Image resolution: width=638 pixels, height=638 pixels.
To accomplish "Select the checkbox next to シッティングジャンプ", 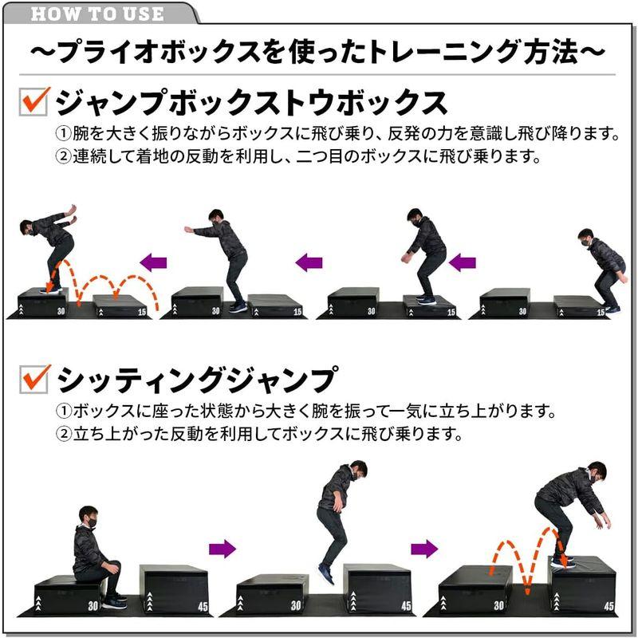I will pyautogui.click(x=35, y=378).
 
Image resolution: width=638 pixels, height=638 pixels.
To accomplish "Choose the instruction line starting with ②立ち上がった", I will pyautogui.click(x=259, y=435).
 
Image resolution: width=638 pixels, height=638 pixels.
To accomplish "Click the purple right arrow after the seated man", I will pyautogui.click(x=223, y=548).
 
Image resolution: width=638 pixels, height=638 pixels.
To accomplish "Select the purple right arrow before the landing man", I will pyautogui.click(x=424, y=548).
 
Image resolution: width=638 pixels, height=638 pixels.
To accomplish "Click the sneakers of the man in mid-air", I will pyautogui.click(x=326, y=573).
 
